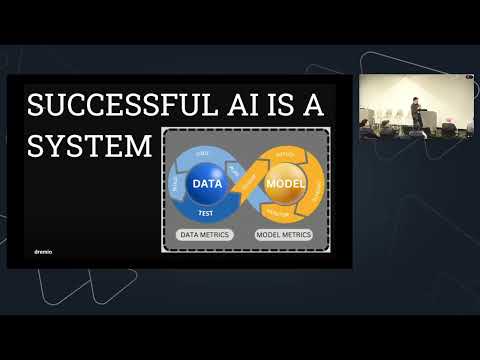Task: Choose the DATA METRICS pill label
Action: (x=205, y=235)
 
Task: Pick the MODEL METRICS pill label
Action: (x=283, y=235)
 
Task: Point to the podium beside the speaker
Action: (x=427, y=121)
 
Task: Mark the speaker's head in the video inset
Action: (x=410, y=101)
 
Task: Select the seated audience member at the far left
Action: (x=366, y=128)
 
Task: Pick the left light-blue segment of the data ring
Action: (x=178, y=185)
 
